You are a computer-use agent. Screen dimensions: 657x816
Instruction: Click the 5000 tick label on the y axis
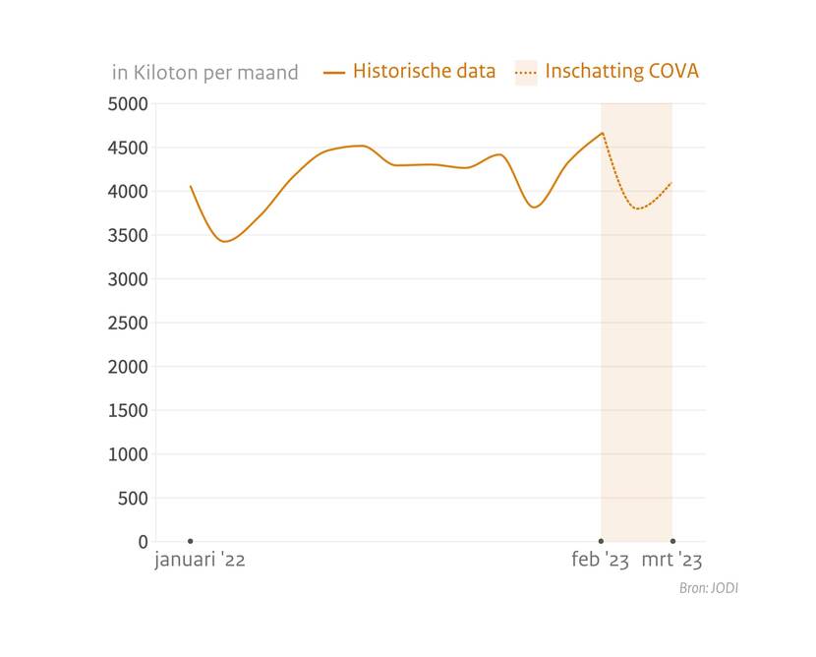click(128, 103)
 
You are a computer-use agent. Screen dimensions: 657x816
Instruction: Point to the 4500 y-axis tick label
click(128, 148)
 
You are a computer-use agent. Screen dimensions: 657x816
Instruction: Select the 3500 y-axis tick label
click(128, 235)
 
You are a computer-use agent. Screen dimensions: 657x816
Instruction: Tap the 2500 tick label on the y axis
click(128, 323)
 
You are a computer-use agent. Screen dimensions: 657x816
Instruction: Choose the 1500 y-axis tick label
click(128, 410)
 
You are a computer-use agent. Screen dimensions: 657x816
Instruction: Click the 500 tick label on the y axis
click(133, 498)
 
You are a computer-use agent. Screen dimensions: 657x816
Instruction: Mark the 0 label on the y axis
click(143, 542)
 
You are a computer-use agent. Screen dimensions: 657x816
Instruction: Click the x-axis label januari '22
click(200, 561)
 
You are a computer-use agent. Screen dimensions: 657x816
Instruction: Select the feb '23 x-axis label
click(600, 561)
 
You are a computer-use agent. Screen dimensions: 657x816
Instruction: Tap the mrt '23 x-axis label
click(672, 561)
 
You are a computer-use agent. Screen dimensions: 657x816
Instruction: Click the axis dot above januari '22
click(190, 541)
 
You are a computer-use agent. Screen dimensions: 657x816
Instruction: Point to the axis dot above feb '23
click(601, 541)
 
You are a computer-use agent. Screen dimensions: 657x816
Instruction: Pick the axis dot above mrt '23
click(672, 541)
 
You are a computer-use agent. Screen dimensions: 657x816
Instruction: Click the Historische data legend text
click(424, 71)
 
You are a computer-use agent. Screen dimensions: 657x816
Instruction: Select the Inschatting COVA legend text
click(621, 71)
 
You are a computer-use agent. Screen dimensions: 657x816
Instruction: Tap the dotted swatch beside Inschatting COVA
click(526, 72)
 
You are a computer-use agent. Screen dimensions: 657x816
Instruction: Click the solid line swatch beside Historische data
click(334, 72)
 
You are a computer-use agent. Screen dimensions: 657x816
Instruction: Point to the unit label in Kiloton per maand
click(204, 73)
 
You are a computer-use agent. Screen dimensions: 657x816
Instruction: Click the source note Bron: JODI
click(708, 588)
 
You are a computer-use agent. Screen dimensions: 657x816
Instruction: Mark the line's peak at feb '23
click(602, 133)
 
